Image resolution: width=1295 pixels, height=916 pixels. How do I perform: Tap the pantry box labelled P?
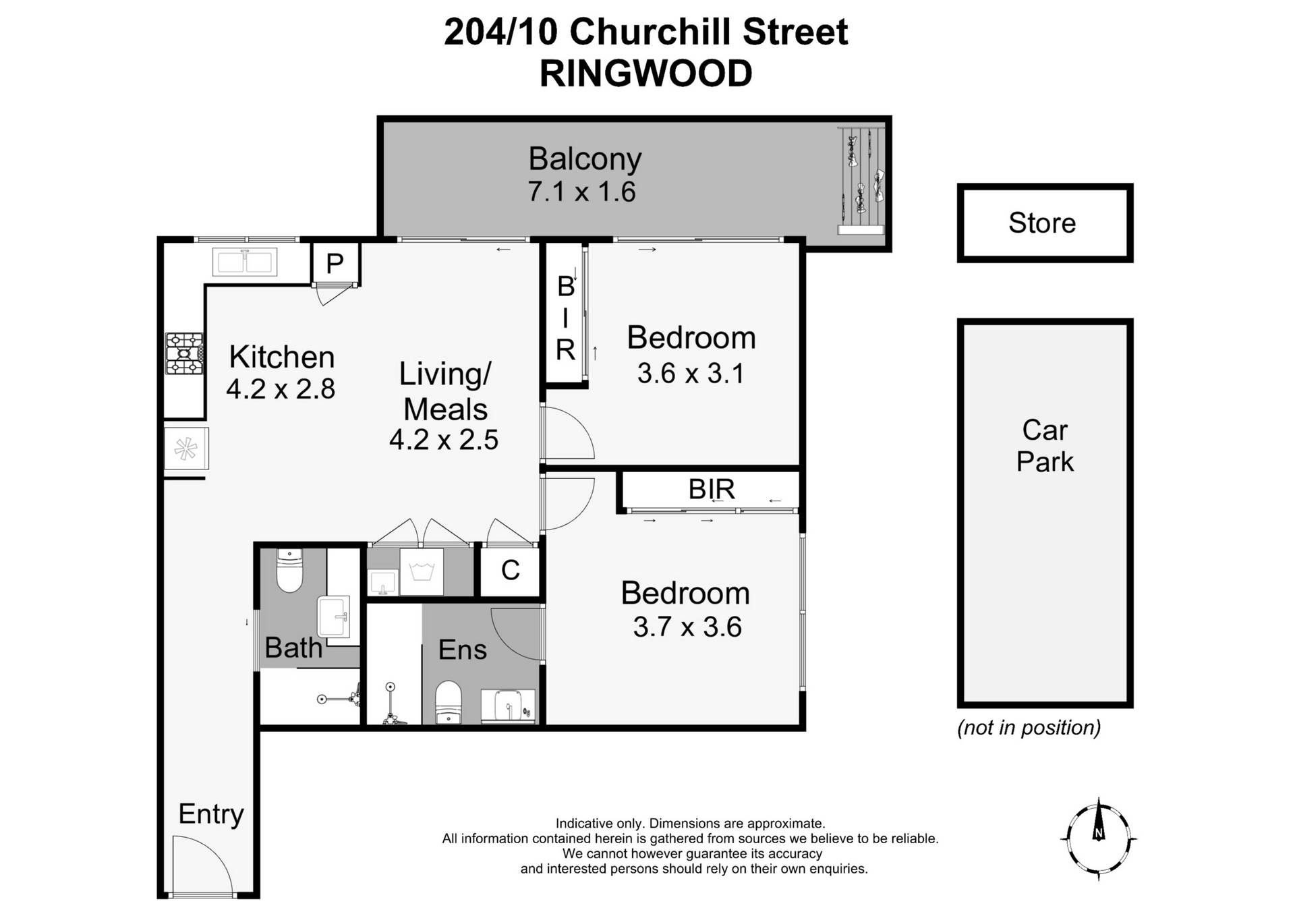point(335,264)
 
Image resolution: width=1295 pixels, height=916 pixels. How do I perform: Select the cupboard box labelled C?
point(510,571)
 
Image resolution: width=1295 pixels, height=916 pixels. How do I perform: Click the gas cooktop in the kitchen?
point(184,353)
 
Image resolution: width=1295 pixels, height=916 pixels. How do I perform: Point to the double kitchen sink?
point(244,262)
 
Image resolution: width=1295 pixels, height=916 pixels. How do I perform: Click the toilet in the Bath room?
point(289,571)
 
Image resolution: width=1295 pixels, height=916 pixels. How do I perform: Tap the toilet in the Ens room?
point(448,702)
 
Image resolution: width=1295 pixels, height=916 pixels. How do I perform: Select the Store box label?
point(1042,223)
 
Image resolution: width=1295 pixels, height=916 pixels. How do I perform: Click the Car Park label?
point(1044,446)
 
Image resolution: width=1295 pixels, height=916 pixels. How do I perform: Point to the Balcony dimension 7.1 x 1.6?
point(581,192)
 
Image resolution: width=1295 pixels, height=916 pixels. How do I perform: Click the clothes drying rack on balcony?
point(862,181)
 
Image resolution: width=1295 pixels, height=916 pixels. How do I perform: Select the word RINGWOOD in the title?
point(645,74)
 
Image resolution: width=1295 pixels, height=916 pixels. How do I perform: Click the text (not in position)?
point(1029,728)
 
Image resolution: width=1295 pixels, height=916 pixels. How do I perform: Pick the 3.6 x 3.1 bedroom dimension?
point(691,374)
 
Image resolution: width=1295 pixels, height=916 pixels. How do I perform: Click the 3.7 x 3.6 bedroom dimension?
point(687,627)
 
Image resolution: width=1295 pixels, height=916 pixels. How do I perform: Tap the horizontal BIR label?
point(711,489)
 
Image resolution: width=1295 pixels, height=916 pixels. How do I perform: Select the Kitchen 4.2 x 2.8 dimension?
point(281,389)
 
